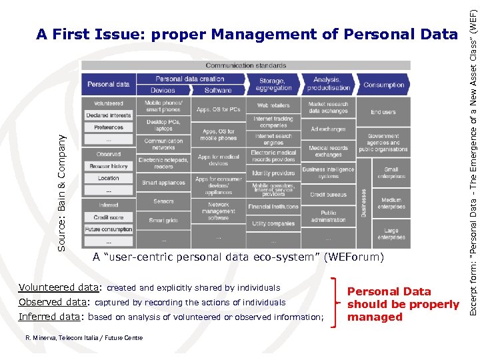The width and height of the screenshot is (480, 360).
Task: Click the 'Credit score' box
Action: pos(108,217)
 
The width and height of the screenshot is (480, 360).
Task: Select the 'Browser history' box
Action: pos(108,166)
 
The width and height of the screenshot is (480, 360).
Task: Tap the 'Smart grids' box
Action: pos(163,220)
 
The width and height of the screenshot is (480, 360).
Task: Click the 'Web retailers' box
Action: pos(273,105)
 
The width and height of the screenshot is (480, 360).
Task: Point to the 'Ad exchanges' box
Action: pos(328,129)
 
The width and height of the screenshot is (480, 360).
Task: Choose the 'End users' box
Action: pos(383,112)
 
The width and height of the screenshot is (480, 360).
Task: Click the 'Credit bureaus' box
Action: pos(328,195)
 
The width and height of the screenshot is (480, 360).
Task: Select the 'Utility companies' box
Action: pos(273,224)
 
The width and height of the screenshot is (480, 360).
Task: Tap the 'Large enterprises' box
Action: pos(391,233)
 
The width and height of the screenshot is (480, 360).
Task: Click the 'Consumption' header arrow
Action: pos(383,85)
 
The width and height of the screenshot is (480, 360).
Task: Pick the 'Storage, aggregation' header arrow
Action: pos(273,85)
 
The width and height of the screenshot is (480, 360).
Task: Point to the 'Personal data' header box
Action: pos(108,85)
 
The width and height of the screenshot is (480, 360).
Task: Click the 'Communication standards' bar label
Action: pos(245,65)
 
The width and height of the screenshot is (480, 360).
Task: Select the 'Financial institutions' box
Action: pos(273,207)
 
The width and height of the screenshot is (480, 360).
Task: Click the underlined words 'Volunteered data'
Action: pos(59,288)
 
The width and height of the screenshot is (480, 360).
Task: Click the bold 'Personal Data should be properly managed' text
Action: pos(403,304)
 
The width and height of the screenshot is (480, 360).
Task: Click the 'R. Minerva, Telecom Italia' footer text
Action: pos(83,338)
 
